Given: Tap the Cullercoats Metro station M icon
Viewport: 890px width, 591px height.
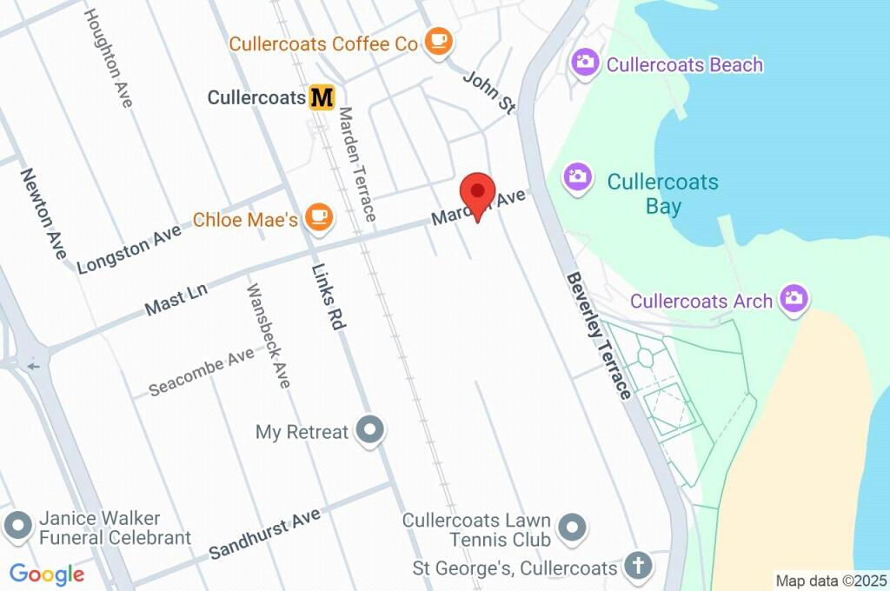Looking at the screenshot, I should [322, 96].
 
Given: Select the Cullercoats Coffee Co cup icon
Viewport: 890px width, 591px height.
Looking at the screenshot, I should [437, 42].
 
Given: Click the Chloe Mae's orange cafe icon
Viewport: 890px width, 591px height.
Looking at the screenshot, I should [319, 218].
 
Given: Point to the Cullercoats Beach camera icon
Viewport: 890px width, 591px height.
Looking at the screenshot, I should [585, 63].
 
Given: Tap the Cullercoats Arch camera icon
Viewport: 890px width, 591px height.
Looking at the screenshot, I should [792, 299].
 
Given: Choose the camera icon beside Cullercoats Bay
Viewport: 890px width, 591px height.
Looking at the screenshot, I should [577, 177].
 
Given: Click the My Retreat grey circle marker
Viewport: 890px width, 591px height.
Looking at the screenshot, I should [371, 429].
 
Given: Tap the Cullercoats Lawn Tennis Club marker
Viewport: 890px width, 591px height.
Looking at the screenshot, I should [571, 527].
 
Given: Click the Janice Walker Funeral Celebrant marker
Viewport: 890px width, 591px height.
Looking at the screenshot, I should [17, 525].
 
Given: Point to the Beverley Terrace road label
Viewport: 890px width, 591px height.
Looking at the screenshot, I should [599, 335].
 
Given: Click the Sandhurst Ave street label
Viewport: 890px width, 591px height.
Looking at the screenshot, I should [264, 534].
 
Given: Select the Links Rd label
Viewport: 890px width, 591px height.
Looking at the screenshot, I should [327, 295].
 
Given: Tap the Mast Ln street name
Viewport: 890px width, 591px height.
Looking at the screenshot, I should [176, 298].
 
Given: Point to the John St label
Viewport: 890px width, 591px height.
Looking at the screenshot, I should [488, 93].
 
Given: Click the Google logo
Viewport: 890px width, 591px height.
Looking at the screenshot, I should [47, 574].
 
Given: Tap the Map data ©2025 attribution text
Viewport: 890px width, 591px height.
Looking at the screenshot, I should [830, 580].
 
